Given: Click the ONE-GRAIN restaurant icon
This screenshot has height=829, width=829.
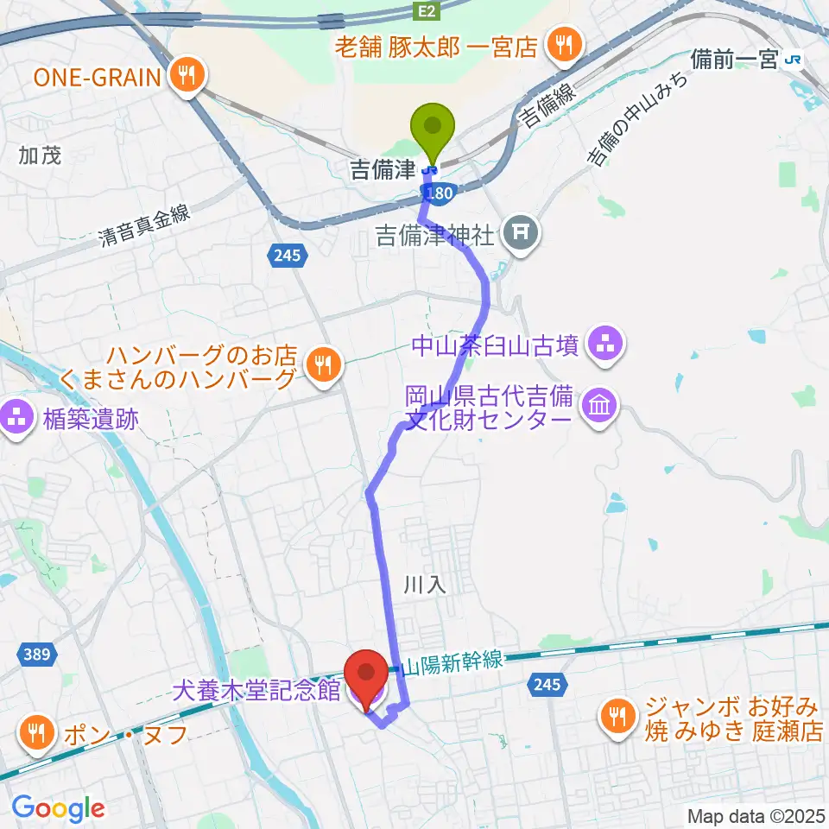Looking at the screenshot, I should click(186, 77).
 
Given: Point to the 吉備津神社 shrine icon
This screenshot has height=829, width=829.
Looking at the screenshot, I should click(521, 231).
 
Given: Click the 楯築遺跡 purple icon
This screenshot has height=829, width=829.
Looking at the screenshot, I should click(18, 421).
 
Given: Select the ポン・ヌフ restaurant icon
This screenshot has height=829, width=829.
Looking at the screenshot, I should click(36, 734).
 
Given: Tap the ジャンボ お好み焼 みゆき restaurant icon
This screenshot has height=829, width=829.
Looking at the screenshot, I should click(616, 717).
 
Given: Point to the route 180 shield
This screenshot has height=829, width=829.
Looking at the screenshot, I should click(439, 195).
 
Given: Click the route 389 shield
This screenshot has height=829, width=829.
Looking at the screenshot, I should click(36, 655).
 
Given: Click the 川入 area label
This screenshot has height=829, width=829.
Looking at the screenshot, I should click(423, 585).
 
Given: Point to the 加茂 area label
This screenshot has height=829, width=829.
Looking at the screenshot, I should click(40, 155).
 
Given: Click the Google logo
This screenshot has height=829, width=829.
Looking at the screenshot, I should click(58, 807).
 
